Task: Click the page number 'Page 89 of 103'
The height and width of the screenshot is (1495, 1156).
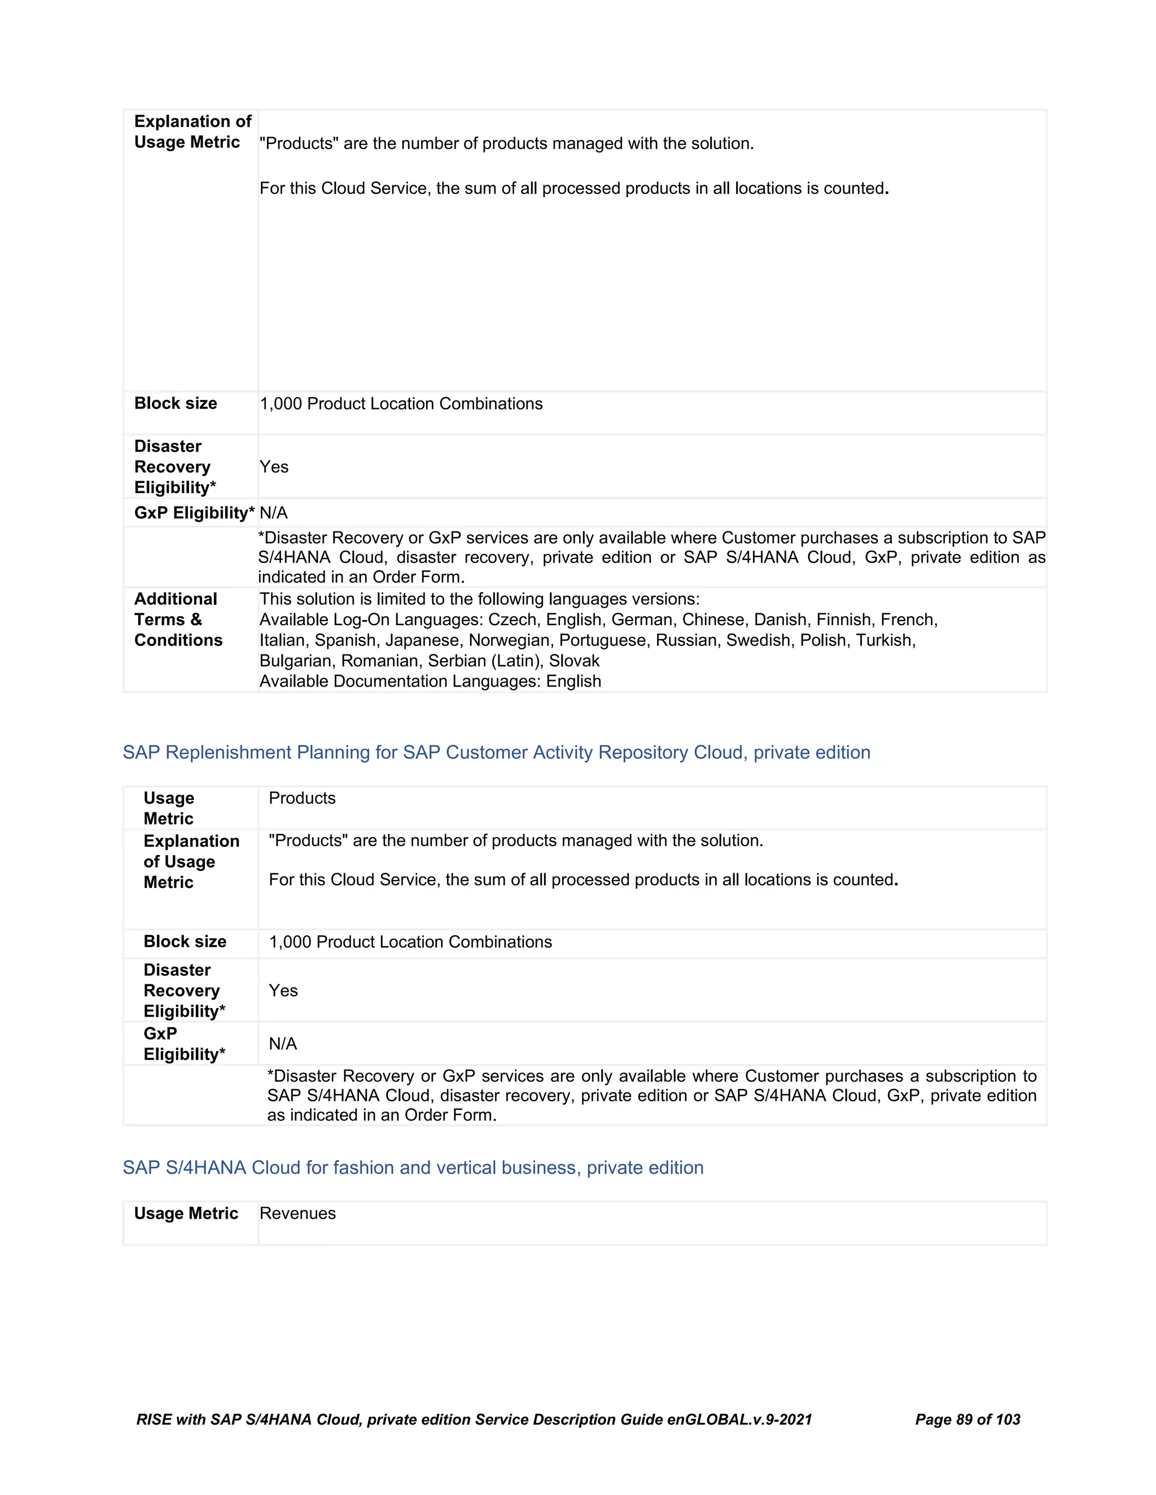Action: coord(967,1419)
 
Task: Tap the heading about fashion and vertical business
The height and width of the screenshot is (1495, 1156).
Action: coord(413,1167)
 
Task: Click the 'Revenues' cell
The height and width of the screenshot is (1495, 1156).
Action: coord(298,1213)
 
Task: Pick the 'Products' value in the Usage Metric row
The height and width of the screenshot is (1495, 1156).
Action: coord(302,798)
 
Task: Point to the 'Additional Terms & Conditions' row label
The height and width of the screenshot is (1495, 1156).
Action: coord(178,619)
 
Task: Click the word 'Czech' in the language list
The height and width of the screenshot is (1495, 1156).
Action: coord(513,619)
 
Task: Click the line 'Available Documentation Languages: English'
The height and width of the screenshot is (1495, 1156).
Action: coord(430,681)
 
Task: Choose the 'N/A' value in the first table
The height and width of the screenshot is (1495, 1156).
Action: coord(274,513)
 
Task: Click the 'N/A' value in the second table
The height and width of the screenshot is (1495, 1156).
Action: coord(283,1043)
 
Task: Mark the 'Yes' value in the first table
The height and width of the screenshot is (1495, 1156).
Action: coord(274,467)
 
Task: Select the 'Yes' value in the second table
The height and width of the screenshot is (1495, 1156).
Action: coord(283,991)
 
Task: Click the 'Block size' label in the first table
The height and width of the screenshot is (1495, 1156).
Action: coord(176,403)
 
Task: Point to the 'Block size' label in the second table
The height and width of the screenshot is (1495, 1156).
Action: coord(185,941)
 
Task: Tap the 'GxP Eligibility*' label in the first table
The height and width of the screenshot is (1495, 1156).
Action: coord(194,513)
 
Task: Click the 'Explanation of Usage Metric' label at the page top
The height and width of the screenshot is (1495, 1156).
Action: coord(192,131)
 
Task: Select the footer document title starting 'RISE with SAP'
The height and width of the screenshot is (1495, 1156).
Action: coord(474,1419)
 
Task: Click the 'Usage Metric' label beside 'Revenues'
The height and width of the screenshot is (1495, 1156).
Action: coord(186,1213)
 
